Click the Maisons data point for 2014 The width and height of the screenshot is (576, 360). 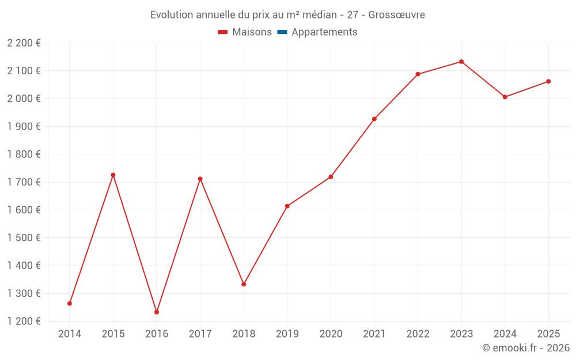point(70,304)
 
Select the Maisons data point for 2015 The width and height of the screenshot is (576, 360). point(113,175)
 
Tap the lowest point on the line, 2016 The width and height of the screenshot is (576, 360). point(157,312)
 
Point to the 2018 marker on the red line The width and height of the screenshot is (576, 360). point(244,284)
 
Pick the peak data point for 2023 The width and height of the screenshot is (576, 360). point(461,62)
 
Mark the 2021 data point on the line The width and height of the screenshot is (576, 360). point(374,119)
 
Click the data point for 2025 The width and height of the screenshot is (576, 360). point(548,81)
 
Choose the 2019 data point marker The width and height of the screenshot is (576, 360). point(287,206)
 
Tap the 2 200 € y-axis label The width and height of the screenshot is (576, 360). point(24,43)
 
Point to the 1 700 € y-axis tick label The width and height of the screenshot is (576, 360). point(24,182)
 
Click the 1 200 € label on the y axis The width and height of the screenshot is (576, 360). point(24,321)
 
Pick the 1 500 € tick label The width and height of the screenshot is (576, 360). point(24,238)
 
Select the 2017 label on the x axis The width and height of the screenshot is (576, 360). point(200,334)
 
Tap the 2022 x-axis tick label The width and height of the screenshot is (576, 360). point(418,334)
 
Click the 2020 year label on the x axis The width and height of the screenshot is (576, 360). point(331,334)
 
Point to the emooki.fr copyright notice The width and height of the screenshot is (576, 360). point(526,348)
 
